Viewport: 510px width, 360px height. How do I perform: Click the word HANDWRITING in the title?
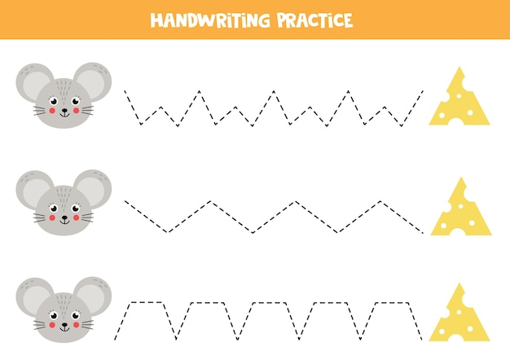pos(206,20)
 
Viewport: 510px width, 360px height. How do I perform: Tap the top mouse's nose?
pos(64,109)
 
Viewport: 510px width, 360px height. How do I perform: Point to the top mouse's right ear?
pos(94,81)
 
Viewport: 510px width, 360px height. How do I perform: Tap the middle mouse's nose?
pos(64,215)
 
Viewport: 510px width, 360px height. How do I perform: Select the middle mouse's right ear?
pos(93,188)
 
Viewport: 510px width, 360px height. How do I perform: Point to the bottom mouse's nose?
pos(64,323)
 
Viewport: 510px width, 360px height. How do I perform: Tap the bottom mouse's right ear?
pos(94,294)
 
